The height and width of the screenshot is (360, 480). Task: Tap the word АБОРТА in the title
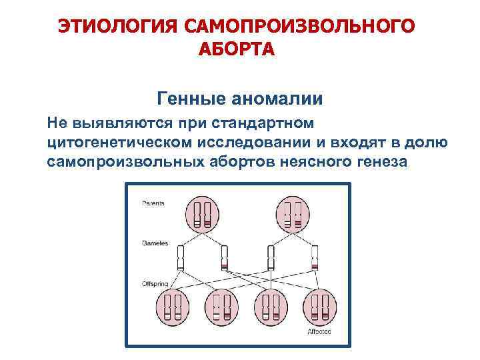click(236, 50)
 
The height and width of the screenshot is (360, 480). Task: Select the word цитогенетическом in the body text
click(120, 142)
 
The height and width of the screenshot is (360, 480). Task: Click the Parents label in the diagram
click(153, 203)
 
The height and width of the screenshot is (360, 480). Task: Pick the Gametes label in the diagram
click(155, 243)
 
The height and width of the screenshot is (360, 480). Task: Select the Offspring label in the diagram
click(155, 285)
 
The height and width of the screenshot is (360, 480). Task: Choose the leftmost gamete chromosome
click(180, 257)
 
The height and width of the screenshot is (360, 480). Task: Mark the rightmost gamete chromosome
click(313, 257)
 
